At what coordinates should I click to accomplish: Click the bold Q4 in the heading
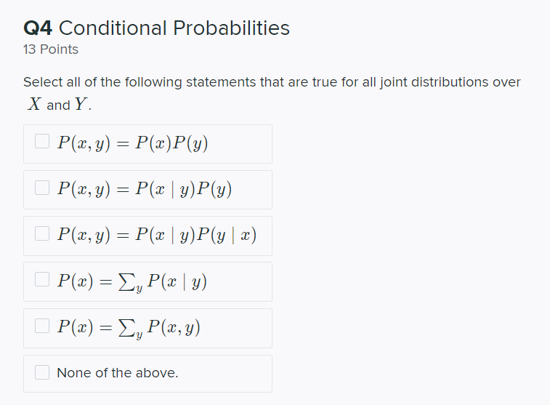38,28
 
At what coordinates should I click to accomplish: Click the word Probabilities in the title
230,28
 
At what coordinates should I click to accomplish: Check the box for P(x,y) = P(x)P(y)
42,143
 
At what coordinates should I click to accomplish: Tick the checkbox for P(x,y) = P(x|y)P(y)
42,189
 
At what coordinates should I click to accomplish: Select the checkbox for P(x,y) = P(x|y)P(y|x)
42,235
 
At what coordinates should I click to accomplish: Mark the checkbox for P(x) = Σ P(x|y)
42,281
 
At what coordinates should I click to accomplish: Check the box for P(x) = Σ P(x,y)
42,327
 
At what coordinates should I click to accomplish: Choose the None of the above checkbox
42,373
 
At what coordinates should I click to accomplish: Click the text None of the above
117,373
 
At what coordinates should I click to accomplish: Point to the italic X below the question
33,105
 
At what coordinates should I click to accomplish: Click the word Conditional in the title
113,28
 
